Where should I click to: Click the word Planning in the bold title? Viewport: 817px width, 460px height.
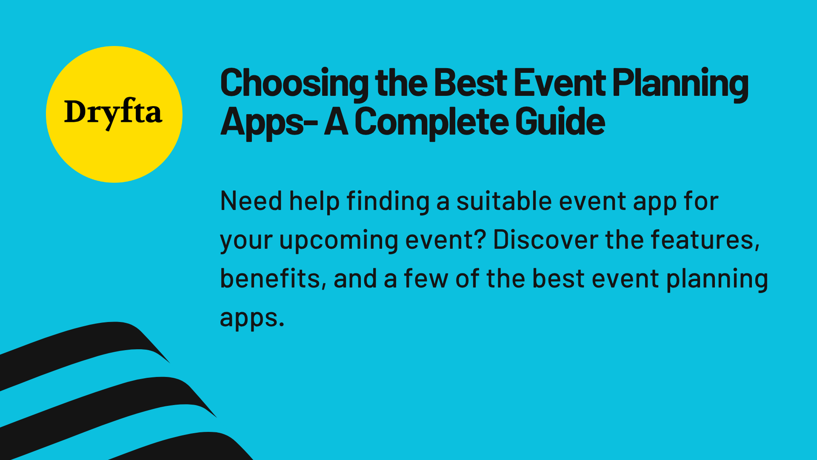[x=680, y=83]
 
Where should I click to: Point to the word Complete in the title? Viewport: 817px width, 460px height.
[x=431, y=122]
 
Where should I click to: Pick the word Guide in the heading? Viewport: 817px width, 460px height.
[x=560, y=122]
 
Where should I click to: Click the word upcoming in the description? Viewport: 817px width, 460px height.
[x=338, y=241]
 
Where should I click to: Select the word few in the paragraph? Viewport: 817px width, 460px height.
[x=426, y=279]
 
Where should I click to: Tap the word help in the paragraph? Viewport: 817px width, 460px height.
[x=314, y=201]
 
